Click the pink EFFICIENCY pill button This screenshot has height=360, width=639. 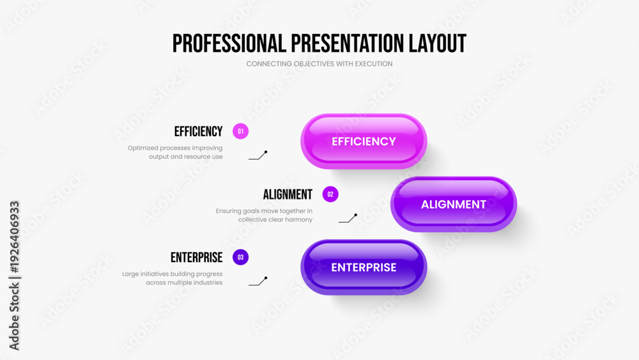pos(364,141)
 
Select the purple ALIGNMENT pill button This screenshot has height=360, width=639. pos(454,204)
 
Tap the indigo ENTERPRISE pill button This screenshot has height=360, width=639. pos(364,267)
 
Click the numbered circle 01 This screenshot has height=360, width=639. pos(240,131)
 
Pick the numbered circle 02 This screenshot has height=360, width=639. pos(330,194)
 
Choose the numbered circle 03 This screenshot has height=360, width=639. pos(240,257)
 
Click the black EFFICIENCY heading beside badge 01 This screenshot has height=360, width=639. pos(199,132)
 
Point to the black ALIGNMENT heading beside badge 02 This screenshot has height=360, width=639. pos(288,194)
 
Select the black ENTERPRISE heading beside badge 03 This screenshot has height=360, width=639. pos(196,258)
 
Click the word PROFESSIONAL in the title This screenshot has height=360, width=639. pos(229,43)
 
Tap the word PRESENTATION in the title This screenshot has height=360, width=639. pos(348,43)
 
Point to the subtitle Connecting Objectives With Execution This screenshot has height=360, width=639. pos(319,63)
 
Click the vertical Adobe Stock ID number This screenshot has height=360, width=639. pos(14,237)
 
